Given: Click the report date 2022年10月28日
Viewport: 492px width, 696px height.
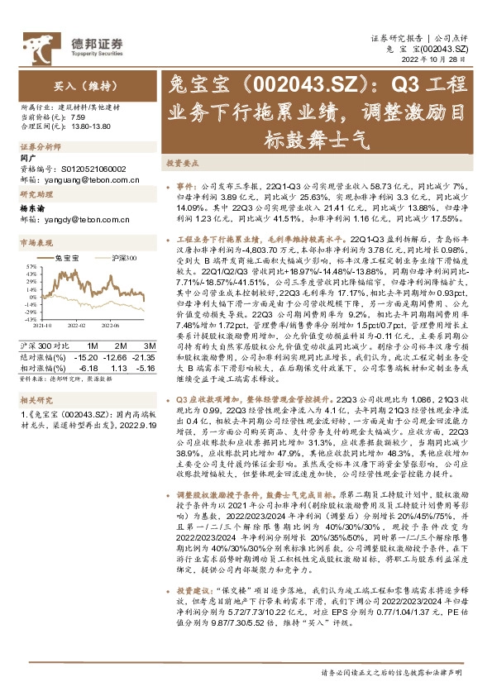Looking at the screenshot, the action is coord(440,61).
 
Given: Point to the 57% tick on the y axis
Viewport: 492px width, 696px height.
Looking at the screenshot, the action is coord(31,266).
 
